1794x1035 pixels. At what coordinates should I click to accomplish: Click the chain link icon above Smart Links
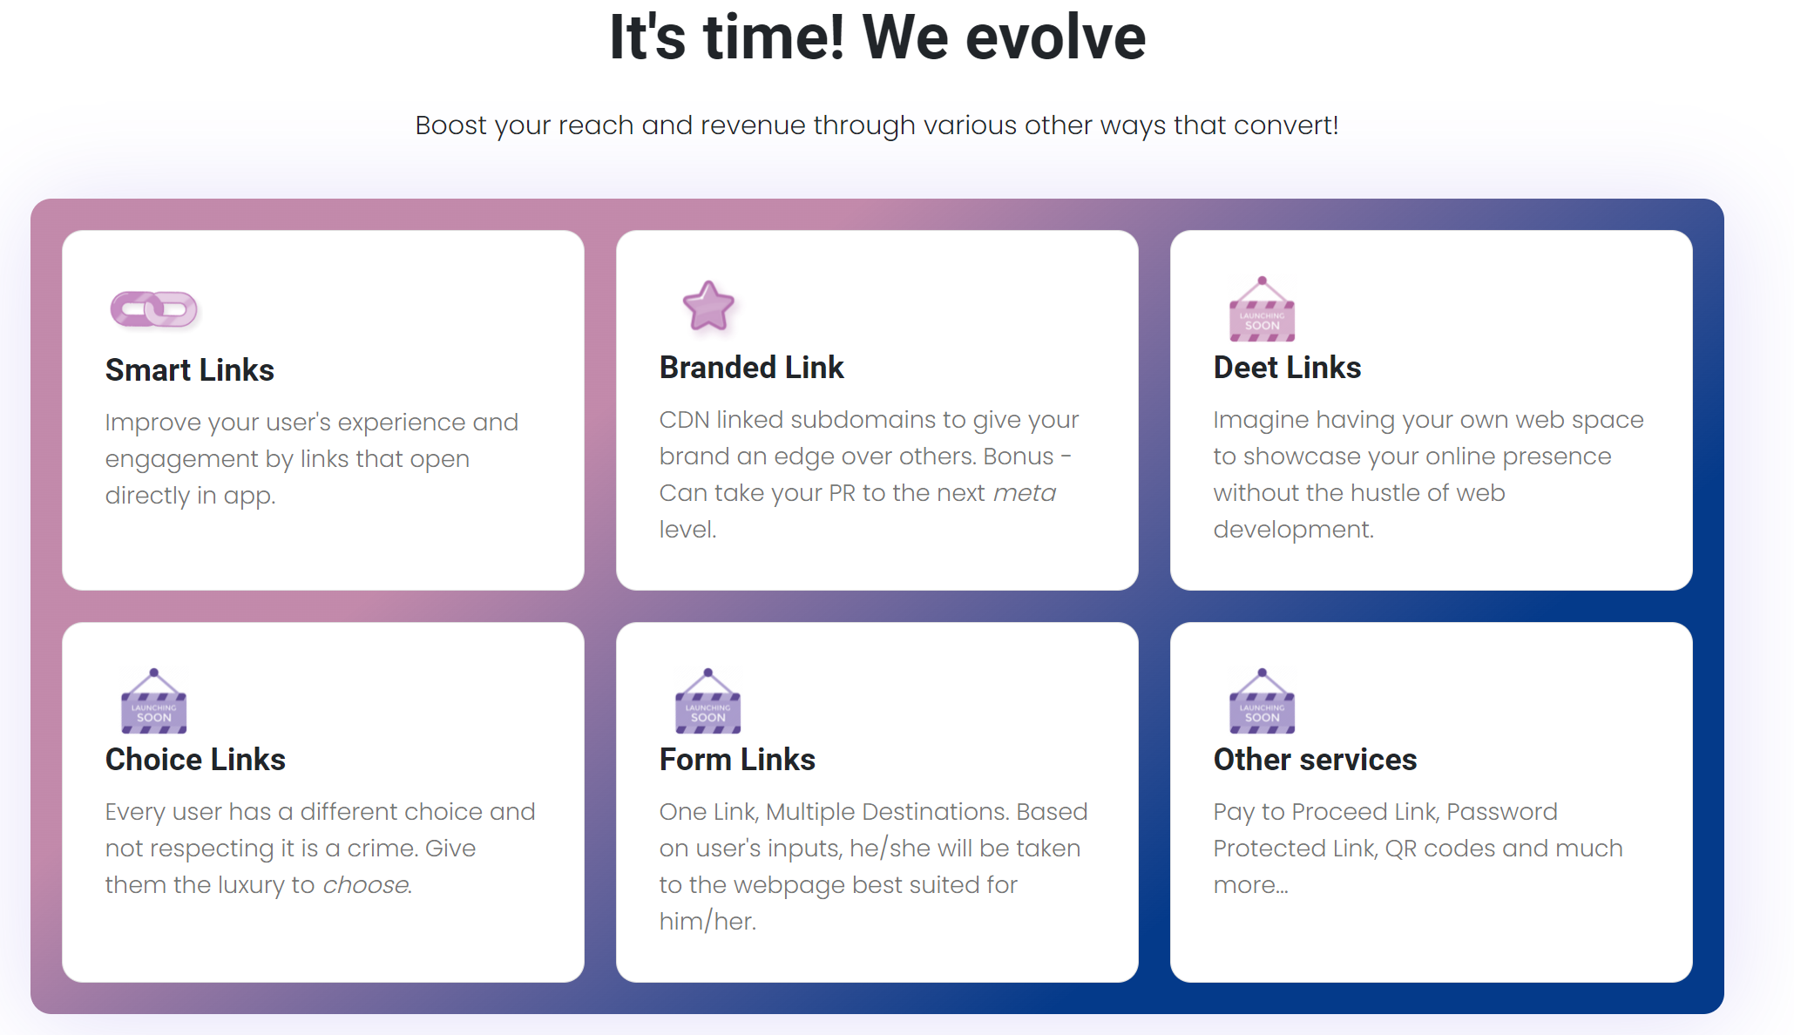(154, 309)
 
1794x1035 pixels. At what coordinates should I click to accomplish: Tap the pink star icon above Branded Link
(708, 306)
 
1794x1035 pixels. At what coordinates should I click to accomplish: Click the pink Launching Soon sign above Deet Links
(1262, 309)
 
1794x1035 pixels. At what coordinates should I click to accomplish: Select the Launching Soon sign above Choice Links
(154, 701)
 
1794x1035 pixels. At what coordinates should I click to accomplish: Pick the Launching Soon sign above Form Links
(708, 701)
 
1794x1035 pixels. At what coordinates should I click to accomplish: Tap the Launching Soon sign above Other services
(1262, 701)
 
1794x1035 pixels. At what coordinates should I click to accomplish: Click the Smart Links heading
(190, 370)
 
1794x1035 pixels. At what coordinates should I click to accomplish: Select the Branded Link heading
(752, 368)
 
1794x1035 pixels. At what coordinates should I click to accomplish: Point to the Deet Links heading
(1287, 368)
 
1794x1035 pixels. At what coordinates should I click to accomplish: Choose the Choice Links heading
(195, 760)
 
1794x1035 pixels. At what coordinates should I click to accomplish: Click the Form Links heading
(737, 760)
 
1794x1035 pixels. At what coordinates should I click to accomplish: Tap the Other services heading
(1315, 760)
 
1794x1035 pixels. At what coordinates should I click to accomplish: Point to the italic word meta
(1025, 493)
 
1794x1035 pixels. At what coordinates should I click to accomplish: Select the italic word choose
(366, 885)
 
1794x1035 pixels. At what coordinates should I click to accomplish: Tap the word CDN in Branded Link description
(684, 420)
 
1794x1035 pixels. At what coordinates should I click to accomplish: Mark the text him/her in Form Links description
(707, 922)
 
